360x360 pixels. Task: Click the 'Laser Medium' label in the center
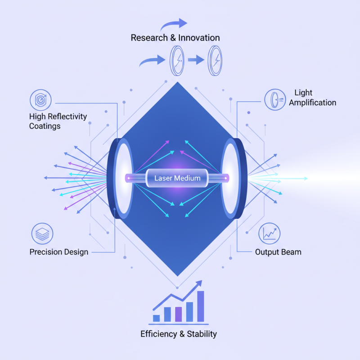pyautogui.click(x=178, y=179)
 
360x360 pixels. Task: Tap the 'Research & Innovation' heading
pyautogui.click(x=175, y=38)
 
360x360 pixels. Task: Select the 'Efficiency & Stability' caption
pyautogui.click(x=179, y=334)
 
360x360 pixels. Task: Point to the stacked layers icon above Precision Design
pyautogui.click(x=42, y=234)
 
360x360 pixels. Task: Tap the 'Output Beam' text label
pyautogui.click(x=278, y=252)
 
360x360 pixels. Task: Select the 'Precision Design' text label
pyautogui.click(x=59, y=252)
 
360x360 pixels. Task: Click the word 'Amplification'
pyautogui.click(x=312, y=103)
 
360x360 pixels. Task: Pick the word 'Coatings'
pyautogui.click(x=45, y=126)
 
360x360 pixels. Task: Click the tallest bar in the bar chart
pyautogui.click(x=201, y=306)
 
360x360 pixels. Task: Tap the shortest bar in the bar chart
pyautogui.click(x=157, y=318)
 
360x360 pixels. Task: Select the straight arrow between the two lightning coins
pyautogui.click(x=196, y=60)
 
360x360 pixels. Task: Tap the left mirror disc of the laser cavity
pyautogui.click(x=122, y=178)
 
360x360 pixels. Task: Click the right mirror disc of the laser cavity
pyautogui.click(x=232, y=178)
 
